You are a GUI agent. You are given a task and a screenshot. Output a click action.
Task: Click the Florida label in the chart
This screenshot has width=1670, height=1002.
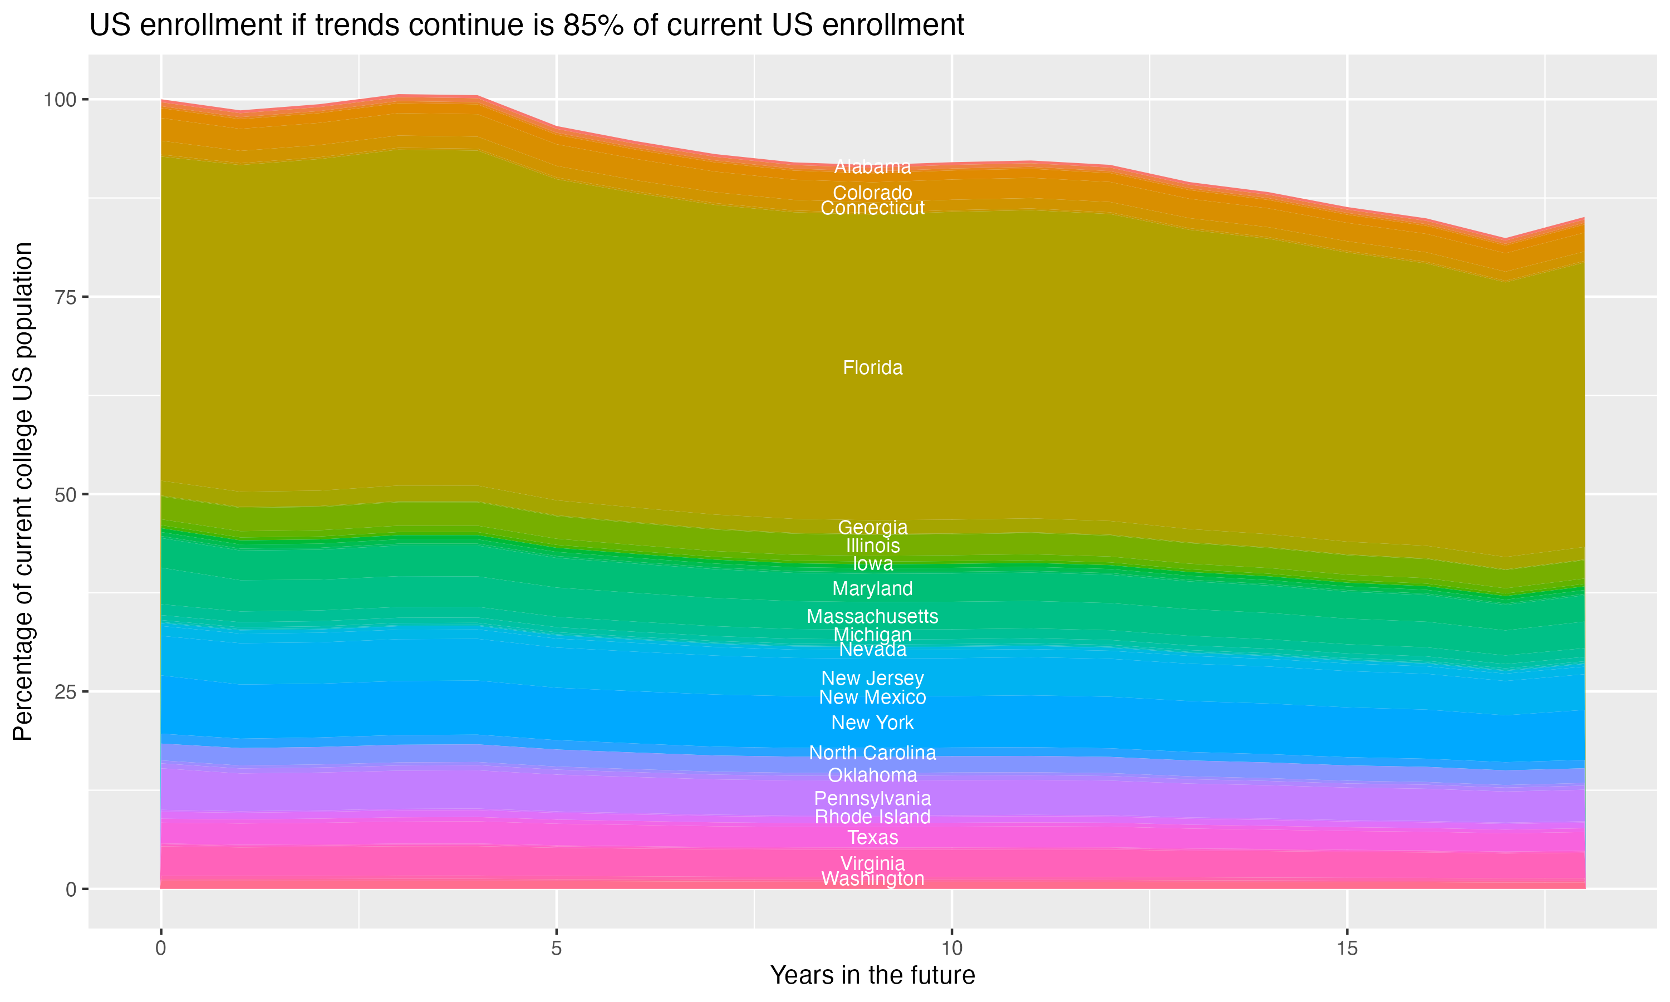click(872, 368)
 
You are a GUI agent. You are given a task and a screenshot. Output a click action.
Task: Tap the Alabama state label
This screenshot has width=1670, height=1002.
click(872, 167)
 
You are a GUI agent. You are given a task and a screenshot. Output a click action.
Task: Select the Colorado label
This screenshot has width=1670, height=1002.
click(872, 193)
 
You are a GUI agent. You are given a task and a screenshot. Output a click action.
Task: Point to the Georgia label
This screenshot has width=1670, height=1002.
click(872, 527)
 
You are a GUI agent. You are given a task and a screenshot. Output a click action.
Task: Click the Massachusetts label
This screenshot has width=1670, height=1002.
click(872, 616)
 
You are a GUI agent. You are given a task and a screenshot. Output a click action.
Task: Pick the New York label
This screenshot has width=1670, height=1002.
click(872, 723)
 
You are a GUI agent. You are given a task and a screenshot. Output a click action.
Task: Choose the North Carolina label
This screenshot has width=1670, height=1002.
click(872, 753)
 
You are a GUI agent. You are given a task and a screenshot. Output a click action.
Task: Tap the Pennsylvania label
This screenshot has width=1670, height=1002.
click(872, 799)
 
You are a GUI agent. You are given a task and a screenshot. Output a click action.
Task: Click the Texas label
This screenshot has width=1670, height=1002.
click(872, 838)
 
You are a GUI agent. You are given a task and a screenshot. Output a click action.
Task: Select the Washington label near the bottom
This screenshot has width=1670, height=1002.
click(872, 879)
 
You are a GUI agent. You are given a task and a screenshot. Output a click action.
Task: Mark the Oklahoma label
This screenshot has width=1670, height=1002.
click(872, 775)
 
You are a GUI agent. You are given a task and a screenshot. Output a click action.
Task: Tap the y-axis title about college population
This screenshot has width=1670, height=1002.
click(23, 492)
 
